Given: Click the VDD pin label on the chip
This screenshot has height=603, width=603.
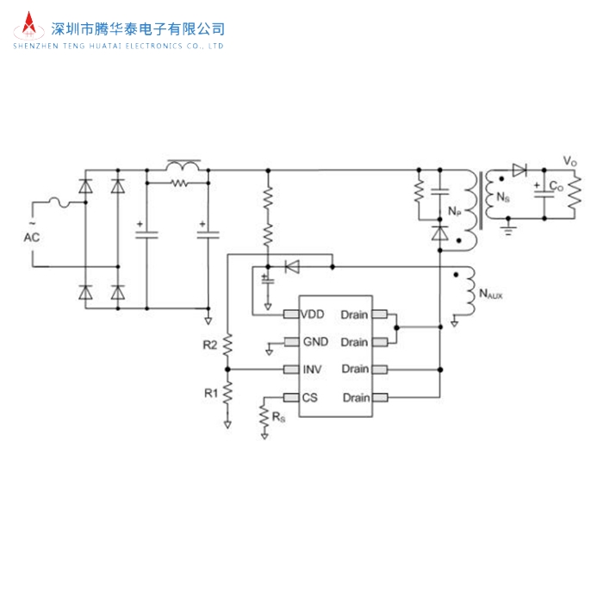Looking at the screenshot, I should [x=313, y=314].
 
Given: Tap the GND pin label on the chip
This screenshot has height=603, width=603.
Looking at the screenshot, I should [x=314, y=342].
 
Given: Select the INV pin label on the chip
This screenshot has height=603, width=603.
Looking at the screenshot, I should [x=312, y=370].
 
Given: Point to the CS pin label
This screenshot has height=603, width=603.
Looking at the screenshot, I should [x=310, y=397].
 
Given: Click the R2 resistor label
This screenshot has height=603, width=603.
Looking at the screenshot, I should [x=210, y=345].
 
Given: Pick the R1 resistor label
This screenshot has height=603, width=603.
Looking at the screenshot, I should [x=210, y=393].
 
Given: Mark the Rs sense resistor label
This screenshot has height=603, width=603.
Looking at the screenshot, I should [x=279, y=418].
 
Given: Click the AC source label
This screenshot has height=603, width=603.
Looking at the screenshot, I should [x=31, y=237].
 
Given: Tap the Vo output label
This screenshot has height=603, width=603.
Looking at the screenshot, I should [x=569, y=161].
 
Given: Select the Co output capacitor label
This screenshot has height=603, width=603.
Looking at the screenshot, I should [x=557, y=187].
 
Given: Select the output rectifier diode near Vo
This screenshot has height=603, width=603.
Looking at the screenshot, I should [x=519, y=171].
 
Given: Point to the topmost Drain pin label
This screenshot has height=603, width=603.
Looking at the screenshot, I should [x=355, y=314].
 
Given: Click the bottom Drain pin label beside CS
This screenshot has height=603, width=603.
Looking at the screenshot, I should [x=356, y=397].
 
